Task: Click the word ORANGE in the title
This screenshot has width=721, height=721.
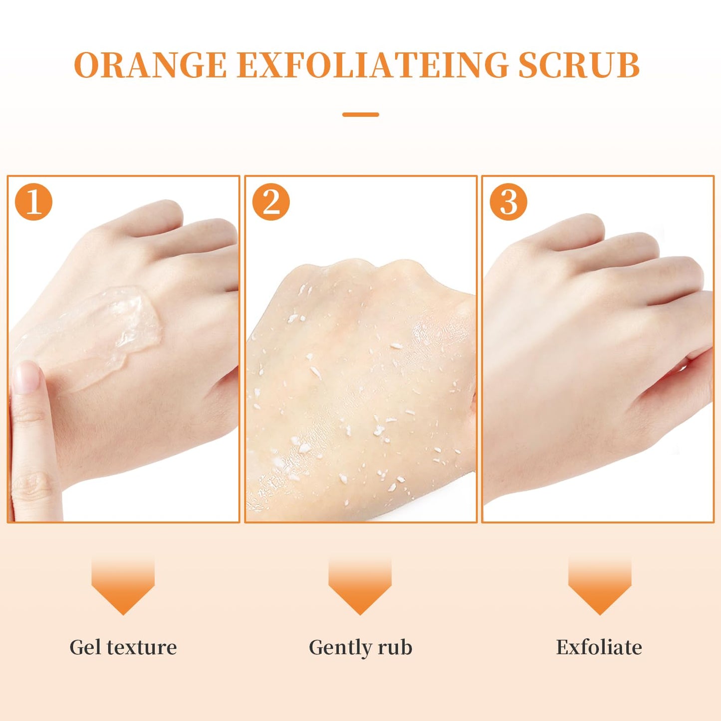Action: click(x=150, y=65)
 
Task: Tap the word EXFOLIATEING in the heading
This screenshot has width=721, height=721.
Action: click(x=372, y=65)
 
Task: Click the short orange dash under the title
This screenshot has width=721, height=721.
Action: click(x=361, y=114)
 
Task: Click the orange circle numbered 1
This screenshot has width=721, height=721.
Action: click(x=33, y=202)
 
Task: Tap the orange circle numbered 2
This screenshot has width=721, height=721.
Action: click(x=271, y=202)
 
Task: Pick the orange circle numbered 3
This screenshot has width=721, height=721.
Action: click(x=508, y=202)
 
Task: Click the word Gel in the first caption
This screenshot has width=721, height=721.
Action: click(x=86, y=647)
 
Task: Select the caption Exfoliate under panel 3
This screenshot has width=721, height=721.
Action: click(x=599, y=647)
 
